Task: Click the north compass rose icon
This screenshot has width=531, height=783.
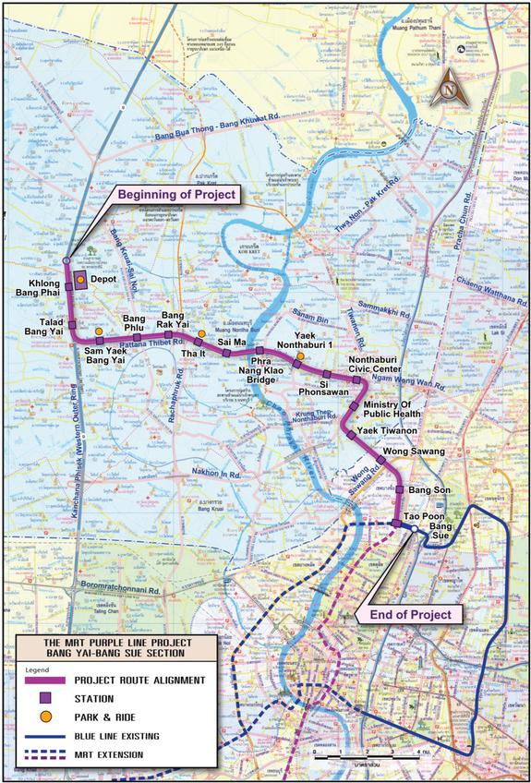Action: [x=450, y=89]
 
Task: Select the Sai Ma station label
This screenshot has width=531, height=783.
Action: [x=231, y=342]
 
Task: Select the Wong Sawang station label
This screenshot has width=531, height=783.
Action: [x=414, y=452]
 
